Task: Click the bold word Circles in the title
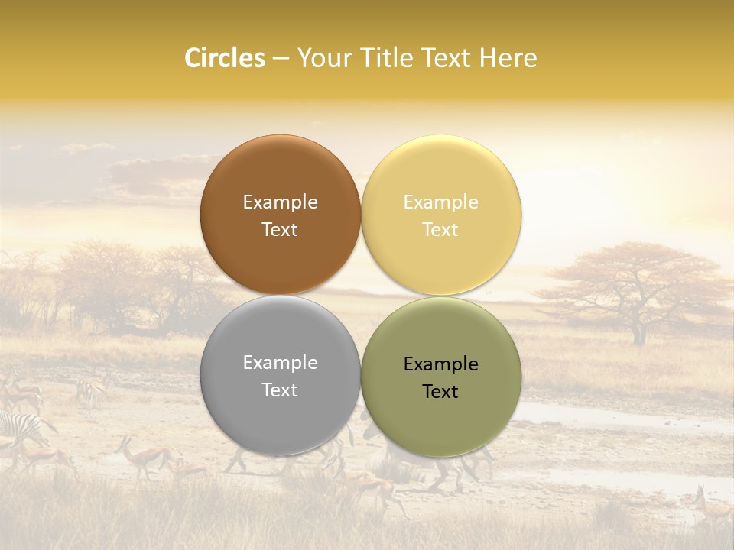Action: coord(224,58)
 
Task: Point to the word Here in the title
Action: coord(510,58)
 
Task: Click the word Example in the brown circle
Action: coord(280,202)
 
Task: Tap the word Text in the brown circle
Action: coord(280,230)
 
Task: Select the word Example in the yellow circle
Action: coord(440,202)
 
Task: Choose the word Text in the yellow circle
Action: coord(440,230)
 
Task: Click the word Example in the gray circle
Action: coord(280,363)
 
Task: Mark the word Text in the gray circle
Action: coord(280,390)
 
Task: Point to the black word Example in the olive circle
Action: coord(440,364)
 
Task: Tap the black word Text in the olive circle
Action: coord(440,392)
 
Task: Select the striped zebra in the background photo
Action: coord(19,428)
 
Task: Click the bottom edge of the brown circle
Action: coord(280,293)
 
